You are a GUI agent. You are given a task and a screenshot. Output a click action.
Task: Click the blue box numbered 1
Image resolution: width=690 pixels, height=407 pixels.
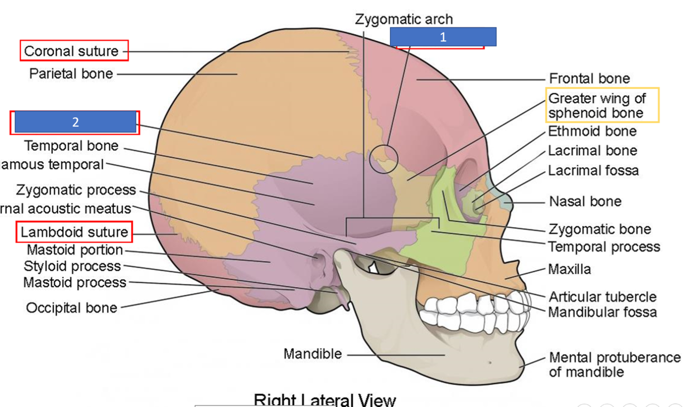[x=443, y=37]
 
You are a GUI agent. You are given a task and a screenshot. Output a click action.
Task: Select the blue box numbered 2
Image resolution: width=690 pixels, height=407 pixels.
[x=75, y=122]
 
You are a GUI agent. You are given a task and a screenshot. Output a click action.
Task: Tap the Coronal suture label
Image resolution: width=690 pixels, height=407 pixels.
[x=71, y=51]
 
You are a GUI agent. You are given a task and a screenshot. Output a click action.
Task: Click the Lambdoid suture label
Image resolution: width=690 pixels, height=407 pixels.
[x=74, y=232]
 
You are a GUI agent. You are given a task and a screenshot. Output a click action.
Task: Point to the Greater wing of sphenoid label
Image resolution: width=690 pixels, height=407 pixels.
[x=597, y=105]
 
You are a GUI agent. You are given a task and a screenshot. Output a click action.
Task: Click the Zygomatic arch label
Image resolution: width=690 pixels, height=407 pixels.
[x=404, y=20]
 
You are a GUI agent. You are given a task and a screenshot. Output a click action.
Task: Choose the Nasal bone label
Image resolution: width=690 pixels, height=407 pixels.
[x=585, y=201]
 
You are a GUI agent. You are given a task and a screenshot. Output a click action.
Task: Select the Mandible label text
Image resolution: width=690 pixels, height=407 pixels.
[x=312, y=354]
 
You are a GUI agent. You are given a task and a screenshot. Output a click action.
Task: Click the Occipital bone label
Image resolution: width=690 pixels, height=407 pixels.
[x=71, y=308]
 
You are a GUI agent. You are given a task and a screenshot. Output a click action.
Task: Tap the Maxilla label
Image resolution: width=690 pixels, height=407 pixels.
[x=569, y=269]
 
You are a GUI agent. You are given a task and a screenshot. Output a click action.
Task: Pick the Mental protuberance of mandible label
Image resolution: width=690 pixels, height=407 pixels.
[x=614, y=365]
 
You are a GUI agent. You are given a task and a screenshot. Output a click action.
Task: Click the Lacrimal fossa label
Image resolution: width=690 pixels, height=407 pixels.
[x=593, y=171]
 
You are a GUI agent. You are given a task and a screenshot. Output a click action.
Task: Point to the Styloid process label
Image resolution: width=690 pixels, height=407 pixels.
[x=72, y=266]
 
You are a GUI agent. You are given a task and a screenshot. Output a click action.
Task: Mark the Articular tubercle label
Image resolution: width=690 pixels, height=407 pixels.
[x=602, y=297]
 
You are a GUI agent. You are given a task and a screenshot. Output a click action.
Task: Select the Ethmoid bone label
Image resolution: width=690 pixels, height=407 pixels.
[x=592, y=131]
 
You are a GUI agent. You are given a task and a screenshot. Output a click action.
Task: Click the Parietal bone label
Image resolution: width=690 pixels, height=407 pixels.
[x=71, y=73]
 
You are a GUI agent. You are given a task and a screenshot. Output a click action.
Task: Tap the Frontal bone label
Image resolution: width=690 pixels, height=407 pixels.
[x=589, y=79]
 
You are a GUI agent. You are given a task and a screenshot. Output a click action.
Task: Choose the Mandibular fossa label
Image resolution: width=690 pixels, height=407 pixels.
[x=602, y=312]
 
